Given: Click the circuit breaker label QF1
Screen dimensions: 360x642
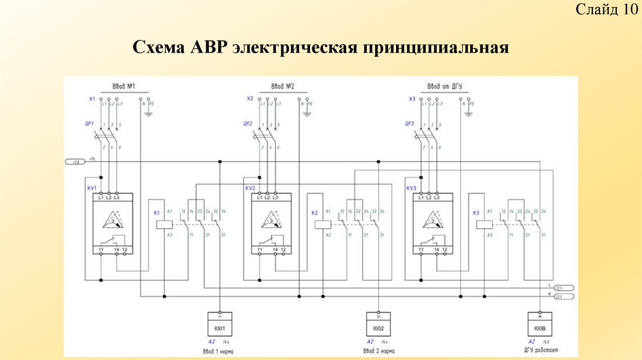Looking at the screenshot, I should [90, 124].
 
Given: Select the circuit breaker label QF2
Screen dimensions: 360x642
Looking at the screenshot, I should [248, 124].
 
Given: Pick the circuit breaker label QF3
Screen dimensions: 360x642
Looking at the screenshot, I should [409, 124].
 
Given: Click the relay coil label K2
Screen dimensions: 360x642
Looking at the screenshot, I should [315, 213].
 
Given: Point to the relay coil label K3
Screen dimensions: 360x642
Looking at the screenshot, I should [476, 213].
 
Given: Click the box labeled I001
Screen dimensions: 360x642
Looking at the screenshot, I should [219, 328].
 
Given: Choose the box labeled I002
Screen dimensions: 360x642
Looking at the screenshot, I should [379, 328].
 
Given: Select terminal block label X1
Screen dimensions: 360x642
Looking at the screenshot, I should [92, 99].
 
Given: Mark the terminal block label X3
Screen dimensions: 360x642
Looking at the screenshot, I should [411, 99].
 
